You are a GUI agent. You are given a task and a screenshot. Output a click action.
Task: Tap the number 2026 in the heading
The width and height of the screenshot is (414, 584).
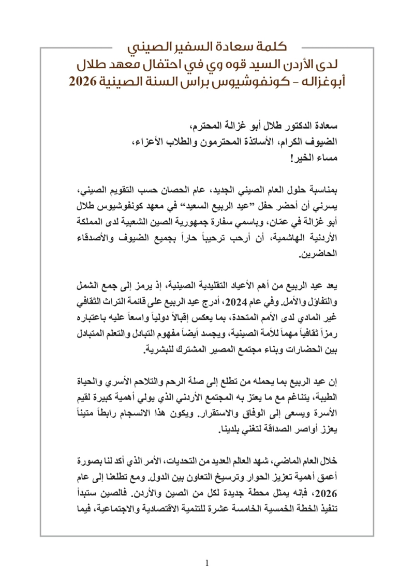[87, 81]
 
